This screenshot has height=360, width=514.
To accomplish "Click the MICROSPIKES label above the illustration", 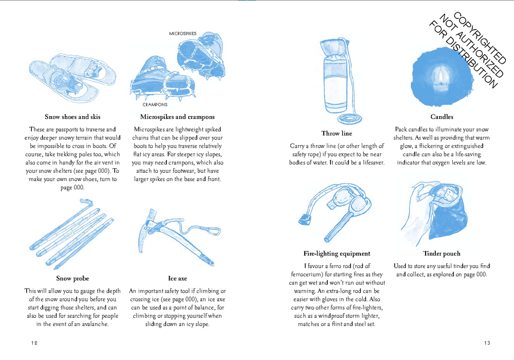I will [x=182, y=33].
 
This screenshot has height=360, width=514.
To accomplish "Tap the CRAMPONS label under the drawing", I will [x=155, y=104].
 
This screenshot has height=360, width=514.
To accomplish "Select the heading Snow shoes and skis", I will [x=72, y=117].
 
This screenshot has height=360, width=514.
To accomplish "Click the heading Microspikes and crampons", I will [x=177, y=117].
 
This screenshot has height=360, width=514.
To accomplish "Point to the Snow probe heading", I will [x=72, y=278].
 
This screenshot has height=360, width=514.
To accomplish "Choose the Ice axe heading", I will [x=177, y=278].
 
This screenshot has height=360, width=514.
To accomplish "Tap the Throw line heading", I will [x=337, y=133].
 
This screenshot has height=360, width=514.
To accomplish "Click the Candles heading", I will [x=442, y=117].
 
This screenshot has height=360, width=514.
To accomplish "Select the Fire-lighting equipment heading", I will [x=337, y=254].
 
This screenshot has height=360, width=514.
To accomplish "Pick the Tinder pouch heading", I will [x=442, y=254].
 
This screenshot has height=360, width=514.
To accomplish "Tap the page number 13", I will [x=487, y=343].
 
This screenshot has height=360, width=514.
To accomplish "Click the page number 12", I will [x=34, y=343].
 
